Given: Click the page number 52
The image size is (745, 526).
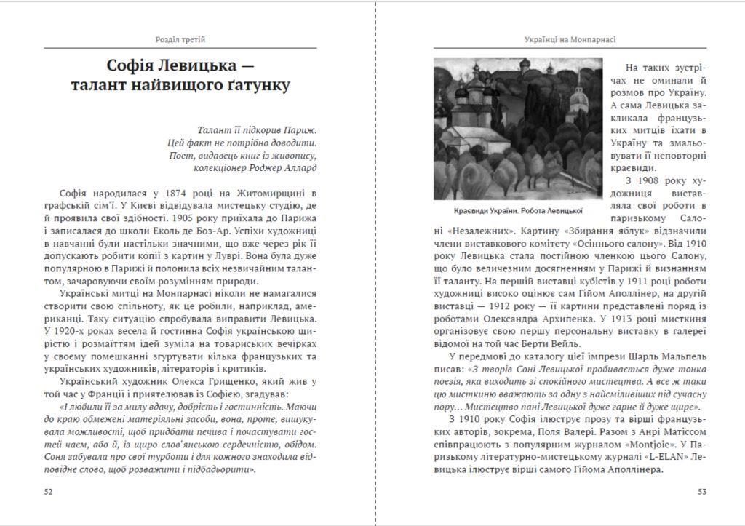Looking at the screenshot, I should [49, 491].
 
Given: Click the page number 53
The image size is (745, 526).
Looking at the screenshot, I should [702, 491].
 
